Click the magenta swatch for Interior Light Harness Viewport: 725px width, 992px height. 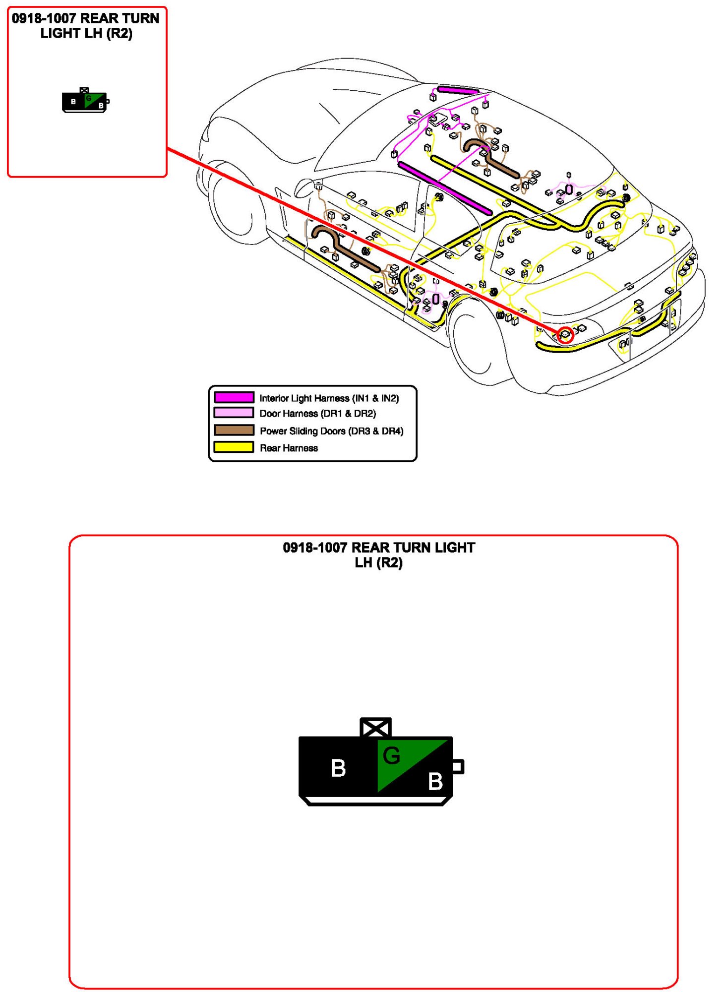(x=234, y=397)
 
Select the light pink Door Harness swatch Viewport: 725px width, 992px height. (x=234, y=413)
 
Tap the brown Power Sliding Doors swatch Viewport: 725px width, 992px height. (x=234, y=430)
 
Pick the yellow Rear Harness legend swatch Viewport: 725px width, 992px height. (x=234, y=447)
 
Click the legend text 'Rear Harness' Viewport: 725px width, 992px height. (x=289, y=448)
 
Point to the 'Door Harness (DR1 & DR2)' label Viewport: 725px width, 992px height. (x=317, y=413)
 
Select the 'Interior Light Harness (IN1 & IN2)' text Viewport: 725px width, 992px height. (x=329, y=398)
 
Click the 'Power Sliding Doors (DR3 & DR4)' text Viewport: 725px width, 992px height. (x=331, y=431)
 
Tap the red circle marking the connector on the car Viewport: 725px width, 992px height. (x=565, y=335)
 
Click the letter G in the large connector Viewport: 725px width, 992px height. (x=391, y=755)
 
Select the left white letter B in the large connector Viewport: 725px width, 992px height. (x=338, y=768)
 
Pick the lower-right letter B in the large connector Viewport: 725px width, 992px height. (x=435, y=782)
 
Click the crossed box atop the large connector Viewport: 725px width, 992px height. (x=375, y=728)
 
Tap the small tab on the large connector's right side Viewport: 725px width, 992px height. (x=458, y=767)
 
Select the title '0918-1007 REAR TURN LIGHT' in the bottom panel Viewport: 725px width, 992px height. (x=379, y=548)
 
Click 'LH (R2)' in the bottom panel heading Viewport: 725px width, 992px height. (x=379, y=562)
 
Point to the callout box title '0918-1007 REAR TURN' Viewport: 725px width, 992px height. (x=85, y=18)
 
